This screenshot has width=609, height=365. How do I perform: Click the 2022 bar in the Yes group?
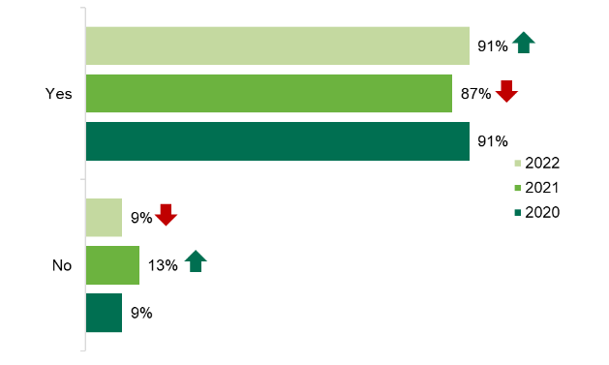coord(277,46)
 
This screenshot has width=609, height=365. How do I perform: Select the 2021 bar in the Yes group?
coord(268,93)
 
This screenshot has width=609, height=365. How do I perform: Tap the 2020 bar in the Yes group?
coord(277,141)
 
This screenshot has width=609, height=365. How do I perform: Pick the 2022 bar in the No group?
coord(104,218)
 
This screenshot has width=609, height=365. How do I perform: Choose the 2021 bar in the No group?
coord(112,265)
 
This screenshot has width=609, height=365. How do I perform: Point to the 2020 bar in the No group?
coord(104,313)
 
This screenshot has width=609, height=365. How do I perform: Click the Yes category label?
coord(59,93)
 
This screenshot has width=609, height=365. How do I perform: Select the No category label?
coord(62,265)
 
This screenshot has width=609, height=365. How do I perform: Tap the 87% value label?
coord(475,94)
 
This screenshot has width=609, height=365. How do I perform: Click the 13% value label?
coord(162,265)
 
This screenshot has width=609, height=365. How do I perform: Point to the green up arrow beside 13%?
coord(195,260)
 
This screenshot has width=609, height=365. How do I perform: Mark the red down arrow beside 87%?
coord(507,92)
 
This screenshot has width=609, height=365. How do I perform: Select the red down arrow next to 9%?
coord(166,215)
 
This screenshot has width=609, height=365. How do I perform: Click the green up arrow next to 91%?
coord(524,43)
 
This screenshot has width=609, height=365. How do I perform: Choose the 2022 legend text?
coord(542,163)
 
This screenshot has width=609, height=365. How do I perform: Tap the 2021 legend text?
coord(542,188)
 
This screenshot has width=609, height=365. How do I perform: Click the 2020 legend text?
coord(542,213)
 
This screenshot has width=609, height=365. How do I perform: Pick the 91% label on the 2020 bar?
coord(493,142)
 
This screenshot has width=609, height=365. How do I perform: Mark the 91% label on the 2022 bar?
coord(493,46)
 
